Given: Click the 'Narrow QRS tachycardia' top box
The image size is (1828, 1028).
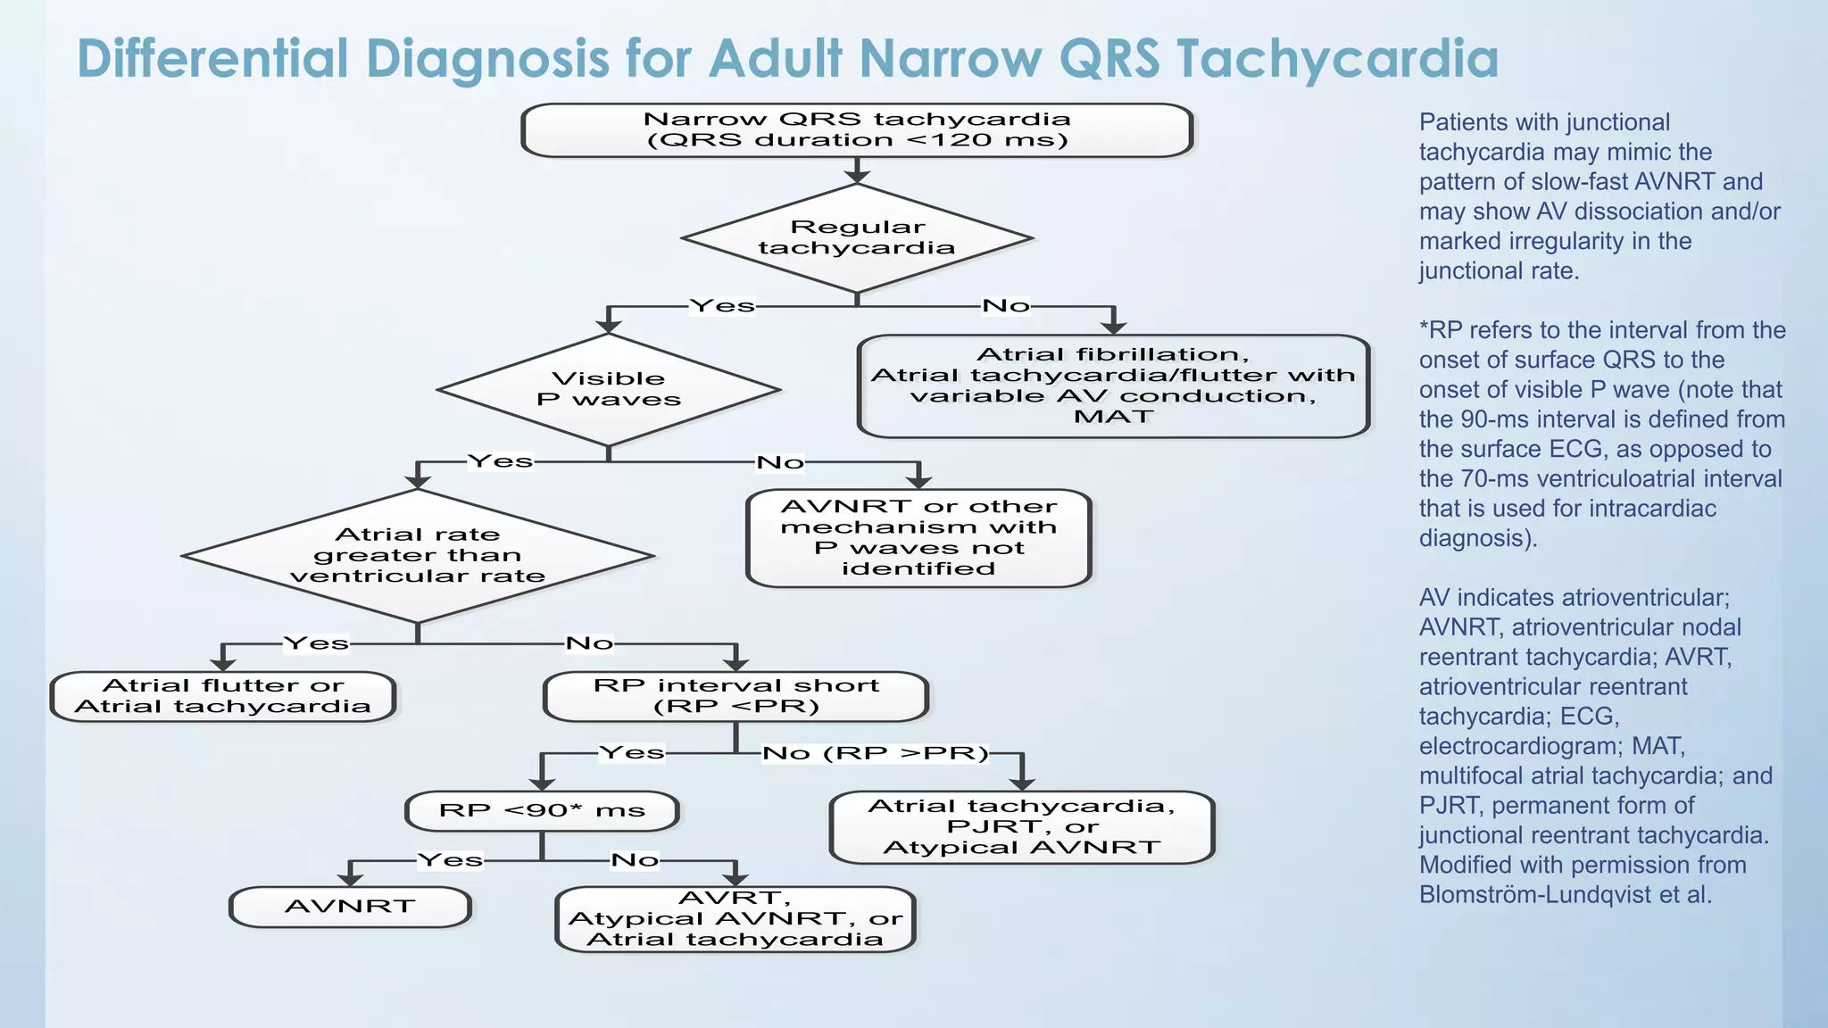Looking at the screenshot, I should click(x=857, y=130).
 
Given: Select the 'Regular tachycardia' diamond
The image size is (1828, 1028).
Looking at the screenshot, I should click(x=857, y=238).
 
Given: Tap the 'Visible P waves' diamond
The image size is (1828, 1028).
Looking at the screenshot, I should click(x=609, y=389).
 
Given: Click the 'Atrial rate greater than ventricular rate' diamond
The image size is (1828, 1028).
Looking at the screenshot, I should click(x=418, y=555).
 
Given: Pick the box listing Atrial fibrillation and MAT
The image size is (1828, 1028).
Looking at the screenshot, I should click(x=1113, y=385).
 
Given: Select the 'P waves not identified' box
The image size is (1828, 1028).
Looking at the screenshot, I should click(x=918, y=538).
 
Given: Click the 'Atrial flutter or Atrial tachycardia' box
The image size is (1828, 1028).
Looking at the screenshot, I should click(x=223, y=696).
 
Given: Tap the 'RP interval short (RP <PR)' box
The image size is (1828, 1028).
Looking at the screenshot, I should click(x=735, y=696).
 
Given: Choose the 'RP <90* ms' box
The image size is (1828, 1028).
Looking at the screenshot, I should click(x=542, y=810).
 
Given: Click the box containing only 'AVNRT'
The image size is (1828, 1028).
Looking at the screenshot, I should click(x=350, y=907).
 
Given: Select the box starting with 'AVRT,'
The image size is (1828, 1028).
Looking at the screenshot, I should click(x=735, y=919).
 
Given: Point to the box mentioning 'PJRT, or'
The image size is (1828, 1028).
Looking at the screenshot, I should click(x=1022, y=827).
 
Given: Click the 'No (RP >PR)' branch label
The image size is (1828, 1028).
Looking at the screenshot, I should click(x=876, y=753).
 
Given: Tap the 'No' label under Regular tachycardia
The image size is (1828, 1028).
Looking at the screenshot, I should click(x=1005, y=306).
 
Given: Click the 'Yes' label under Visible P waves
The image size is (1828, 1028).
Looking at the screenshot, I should click(x=501, y=461).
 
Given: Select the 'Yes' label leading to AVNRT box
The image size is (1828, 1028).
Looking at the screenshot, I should click(x=451, y=860).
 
